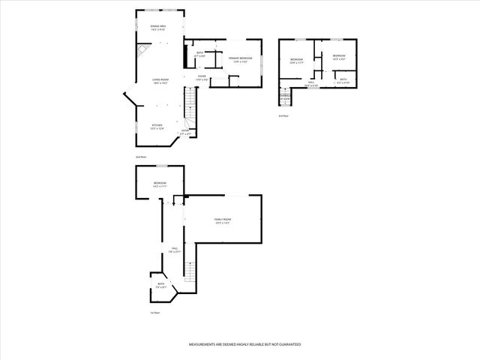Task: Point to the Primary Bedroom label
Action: coord(241,58)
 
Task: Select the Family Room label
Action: coord(222,220)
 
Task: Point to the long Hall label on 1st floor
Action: coord(174,250)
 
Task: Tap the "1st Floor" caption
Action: coord(155,312)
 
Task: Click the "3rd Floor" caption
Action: coord(283,116)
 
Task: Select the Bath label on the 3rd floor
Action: coord(343,80)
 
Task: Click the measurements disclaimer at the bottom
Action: coord(244,343)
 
